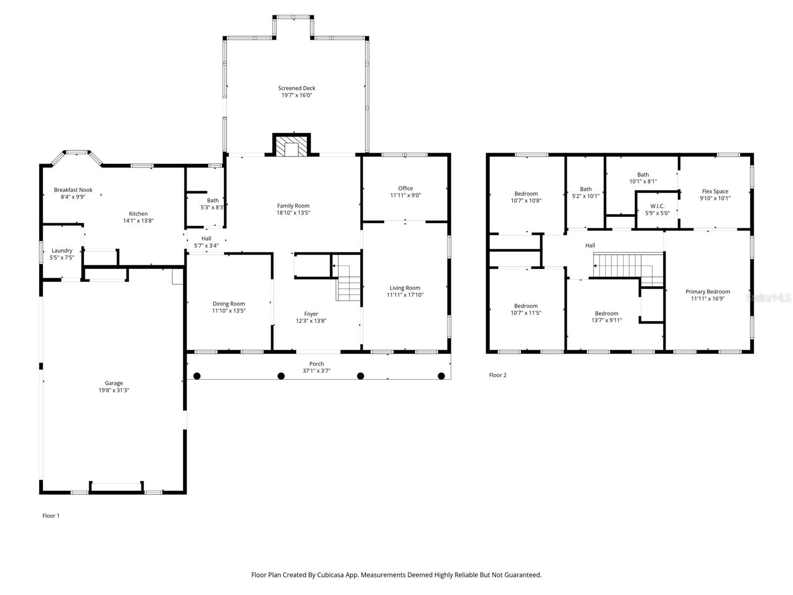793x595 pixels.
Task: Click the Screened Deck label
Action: coord(296,88)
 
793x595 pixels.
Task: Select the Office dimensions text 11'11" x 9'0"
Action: coord(405,195)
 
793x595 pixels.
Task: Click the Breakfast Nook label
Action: coord(73,190)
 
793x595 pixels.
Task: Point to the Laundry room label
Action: coord(62,251)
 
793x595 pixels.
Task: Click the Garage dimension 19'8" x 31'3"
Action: coord(113,390)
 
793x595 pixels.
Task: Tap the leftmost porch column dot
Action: coord(197,376)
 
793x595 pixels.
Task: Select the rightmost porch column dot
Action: coord(441,376)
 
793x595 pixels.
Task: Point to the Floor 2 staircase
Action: coord(627,266)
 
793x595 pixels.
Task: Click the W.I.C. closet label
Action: coord(657,206)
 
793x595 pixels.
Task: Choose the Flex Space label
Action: coord(715,191)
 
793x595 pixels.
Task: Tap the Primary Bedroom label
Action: coord(707,292)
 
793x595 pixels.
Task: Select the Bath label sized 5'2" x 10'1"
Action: coord(586,189)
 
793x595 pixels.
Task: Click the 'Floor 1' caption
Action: coord(51,516)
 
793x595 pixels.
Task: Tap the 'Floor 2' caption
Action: coord(498,375)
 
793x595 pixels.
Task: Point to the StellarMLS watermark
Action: coord(769,297)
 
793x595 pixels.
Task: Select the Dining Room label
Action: coord(228,304)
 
